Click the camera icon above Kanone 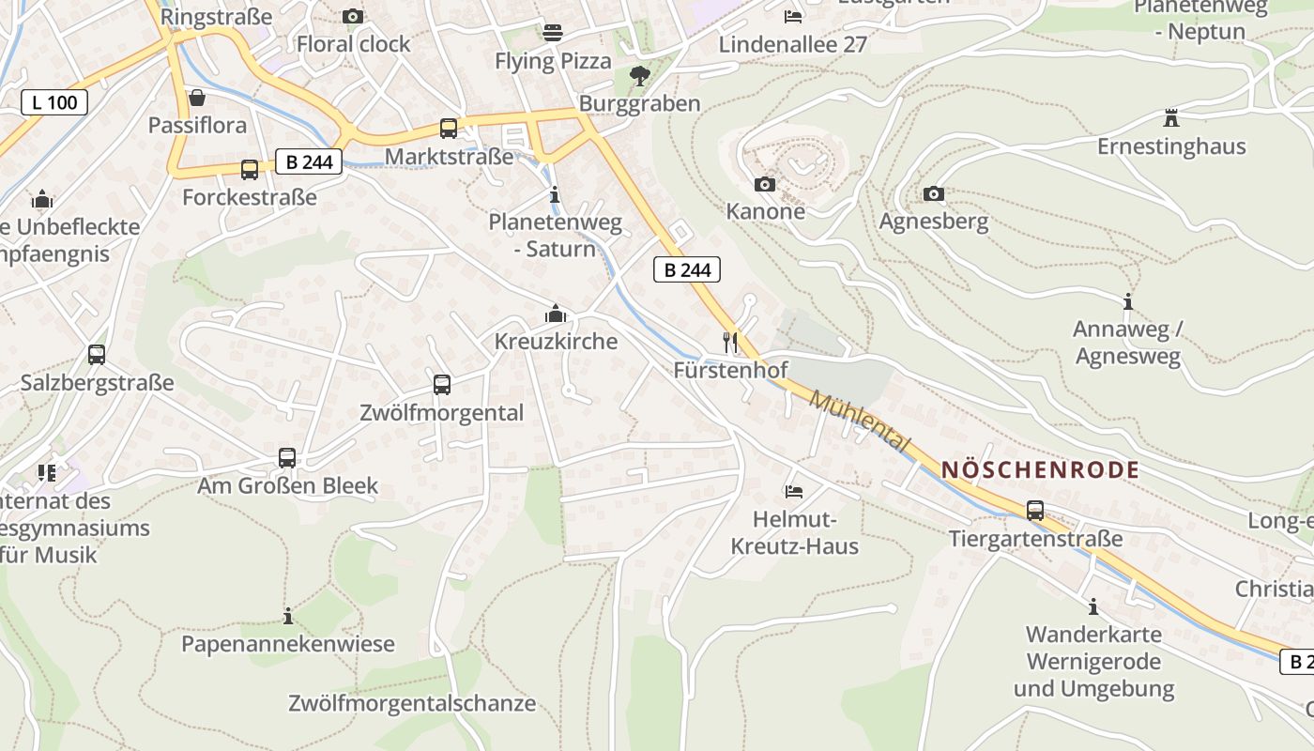(765, 184)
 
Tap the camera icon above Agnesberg (933, 193)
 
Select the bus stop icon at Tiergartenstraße (1034, 510)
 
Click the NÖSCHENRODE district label (1040, 470)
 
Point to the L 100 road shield (54, 102)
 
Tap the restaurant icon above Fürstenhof (730, 342)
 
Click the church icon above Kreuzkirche (556, 314)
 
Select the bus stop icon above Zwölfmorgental (441, 384)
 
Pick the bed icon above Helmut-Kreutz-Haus (793, 491)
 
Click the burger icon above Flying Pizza (553, 33)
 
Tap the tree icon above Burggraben (640, 75)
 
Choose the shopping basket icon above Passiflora (197, 97)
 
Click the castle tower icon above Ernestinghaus (1170, 118)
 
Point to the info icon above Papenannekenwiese (288, 616)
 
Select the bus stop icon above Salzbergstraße (96, 354)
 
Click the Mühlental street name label (859, 421)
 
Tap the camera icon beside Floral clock (353, 16)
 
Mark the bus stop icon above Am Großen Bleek (287, 457)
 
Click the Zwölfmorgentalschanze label (412, 703)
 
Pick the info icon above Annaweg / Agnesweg (1127, 301)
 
